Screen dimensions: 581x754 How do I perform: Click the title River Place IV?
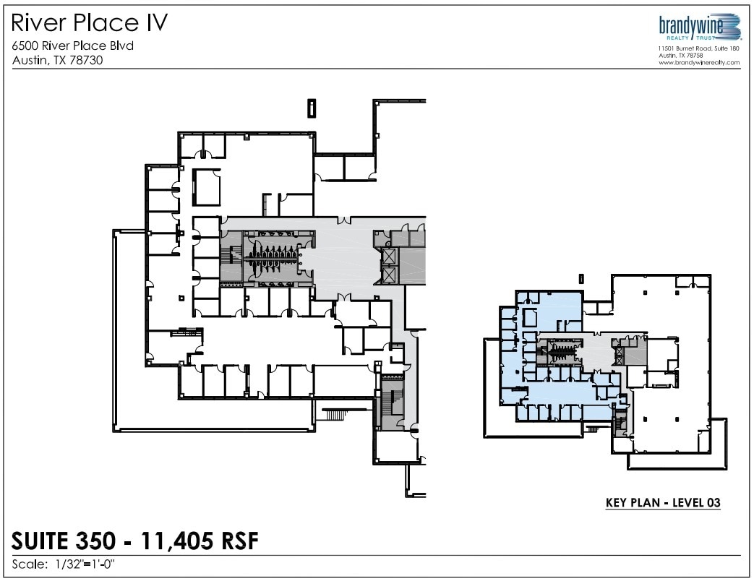point(90,23)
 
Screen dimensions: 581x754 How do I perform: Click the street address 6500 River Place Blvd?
point(73,46)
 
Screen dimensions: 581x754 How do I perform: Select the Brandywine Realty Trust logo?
point(699,27)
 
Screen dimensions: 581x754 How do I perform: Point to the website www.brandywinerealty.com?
point(699,63)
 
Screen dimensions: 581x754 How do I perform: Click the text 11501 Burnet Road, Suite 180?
point(698,48)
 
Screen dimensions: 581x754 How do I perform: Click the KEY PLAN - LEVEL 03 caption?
point(662,502)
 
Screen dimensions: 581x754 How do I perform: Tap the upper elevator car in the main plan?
point(388,256)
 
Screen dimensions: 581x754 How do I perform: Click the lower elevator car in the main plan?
point(388,275)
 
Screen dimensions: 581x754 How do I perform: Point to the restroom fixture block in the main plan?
point(270,259)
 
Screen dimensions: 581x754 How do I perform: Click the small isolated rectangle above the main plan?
point(311,108)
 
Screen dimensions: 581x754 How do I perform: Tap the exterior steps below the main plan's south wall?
point(334,414)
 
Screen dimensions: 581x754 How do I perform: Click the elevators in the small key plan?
point(618,354)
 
